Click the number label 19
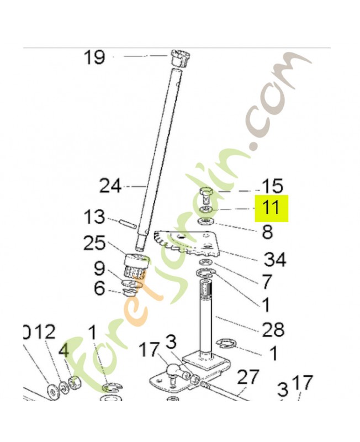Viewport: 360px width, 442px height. pyautogui.click(x=94, y=57)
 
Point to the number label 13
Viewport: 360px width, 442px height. pyautogui.click(x=94, y=217)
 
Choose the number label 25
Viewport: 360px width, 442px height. pyautogui.click(x=94, y=243)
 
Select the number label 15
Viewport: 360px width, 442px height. pyautogui.click(x=271, y=186)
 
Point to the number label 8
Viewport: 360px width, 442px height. pyautogui.click(x=267, y=232)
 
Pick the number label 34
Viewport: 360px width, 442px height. pyautogui.click(x=274, y=258)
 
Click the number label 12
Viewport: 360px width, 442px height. pyautogui.click(x=45, y=331)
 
